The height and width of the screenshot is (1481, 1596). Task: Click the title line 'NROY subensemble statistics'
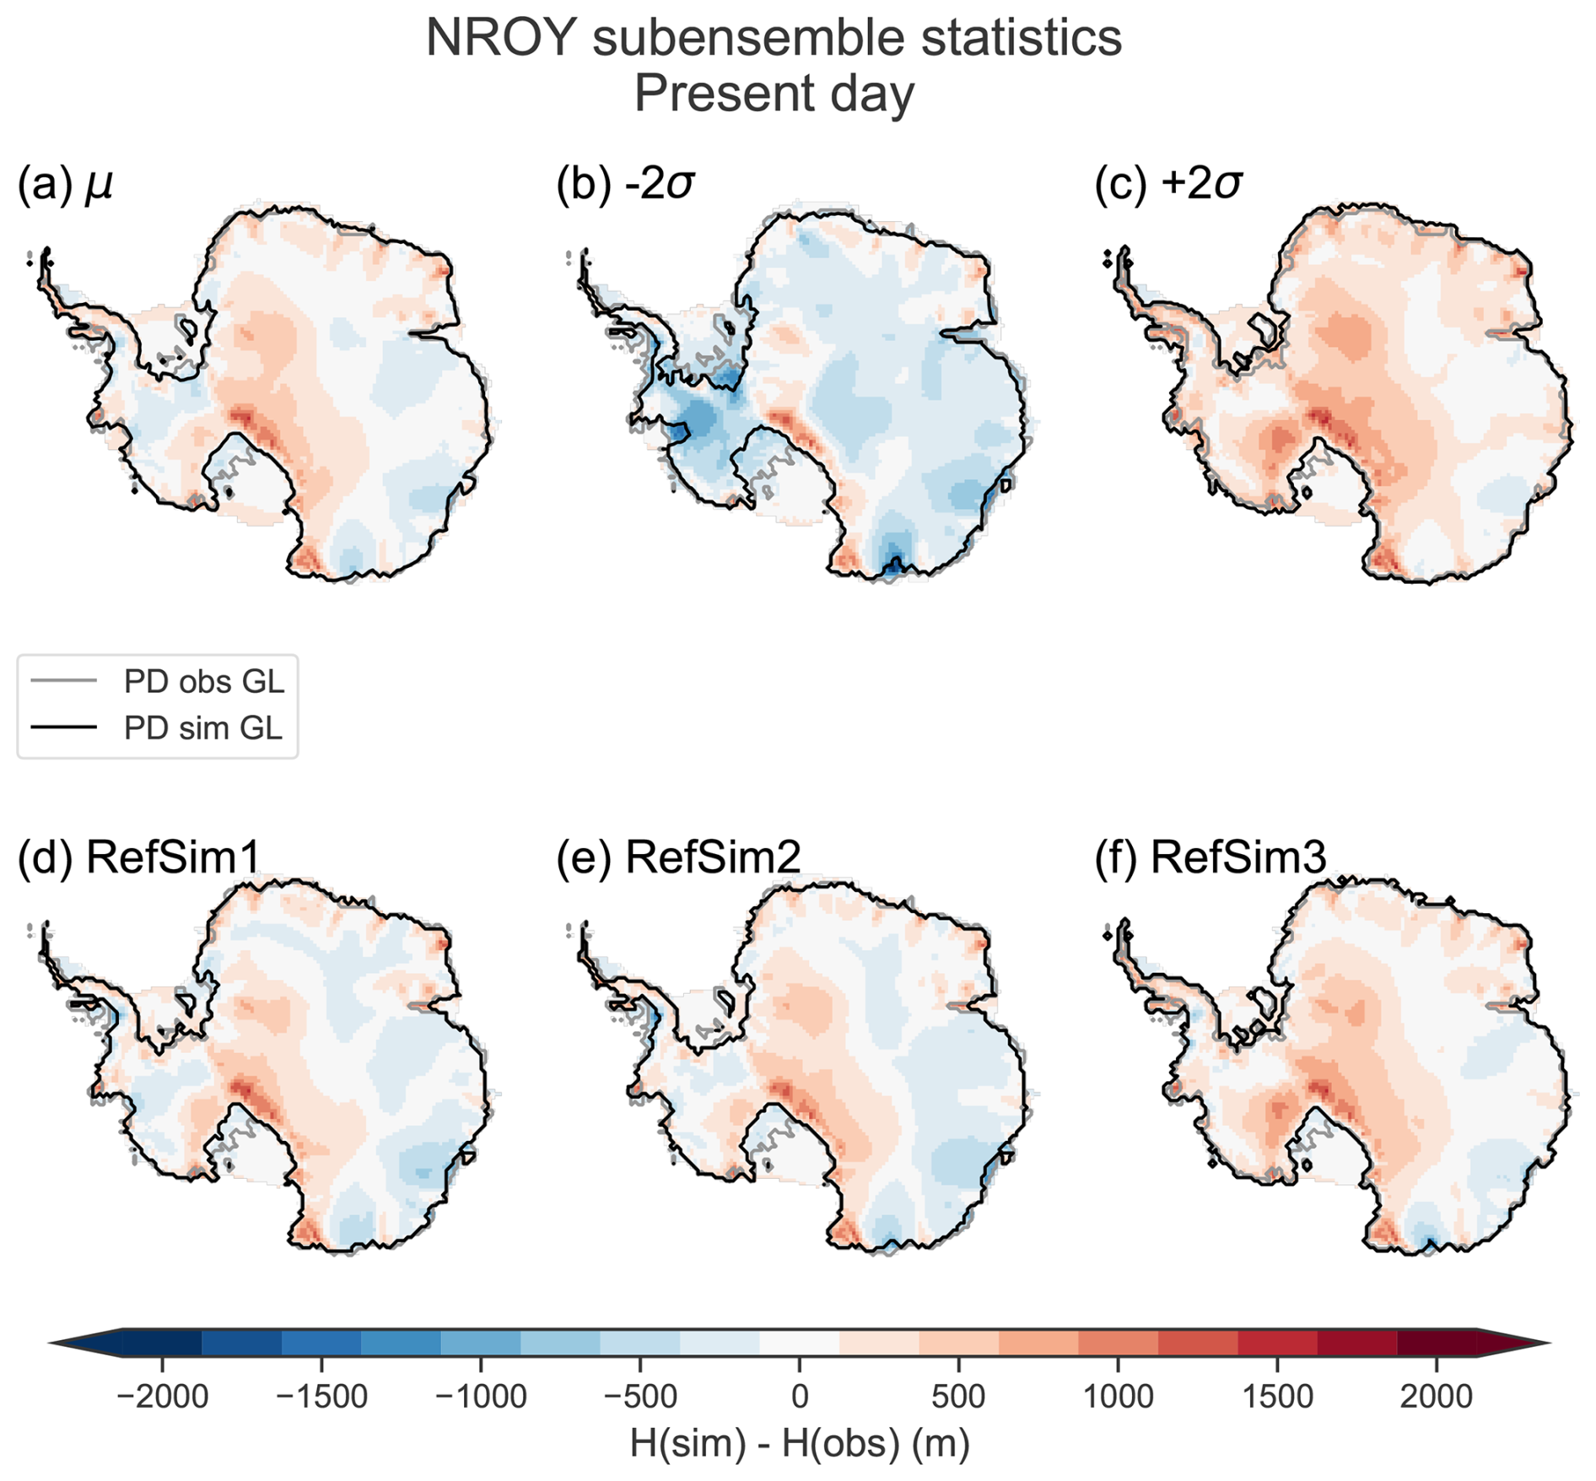(774, 38)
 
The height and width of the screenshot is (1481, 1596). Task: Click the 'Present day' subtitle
(774, 94)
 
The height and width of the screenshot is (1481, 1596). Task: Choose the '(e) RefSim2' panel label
(678, 857)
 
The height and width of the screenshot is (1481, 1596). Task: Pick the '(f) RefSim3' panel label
(1210, 857)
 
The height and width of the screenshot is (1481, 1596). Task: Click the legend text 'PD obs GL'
(204, 681)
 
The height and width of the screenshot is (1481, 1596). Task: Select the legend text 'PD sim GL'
(203, 727)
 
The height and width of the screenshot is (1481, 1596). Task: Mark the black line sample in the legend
(64, 727)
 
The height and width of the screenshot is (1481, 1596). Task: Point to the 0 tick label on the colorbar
(799, 1397)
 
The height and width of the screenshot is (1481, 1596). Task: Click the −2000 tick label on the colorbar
(162, 1397)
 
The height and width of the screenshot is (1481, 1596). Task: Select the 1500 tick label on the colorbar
(1277, 1397)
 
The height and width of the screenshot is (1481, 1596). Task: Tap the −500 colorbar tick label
(639, 1397)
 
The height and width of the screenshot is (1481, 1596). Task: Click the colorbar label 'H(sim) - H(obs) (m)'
(799, 1444)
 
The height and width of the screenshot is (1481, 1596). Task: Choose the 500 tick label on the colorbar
(958, 1397)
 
